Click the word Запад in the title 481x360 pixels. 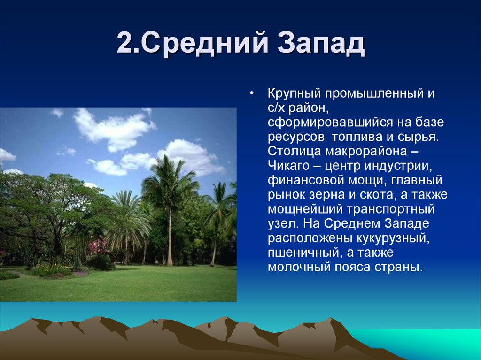[x=322, y=45]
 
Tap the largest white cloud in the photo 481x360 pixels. [x=115, y=129]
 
